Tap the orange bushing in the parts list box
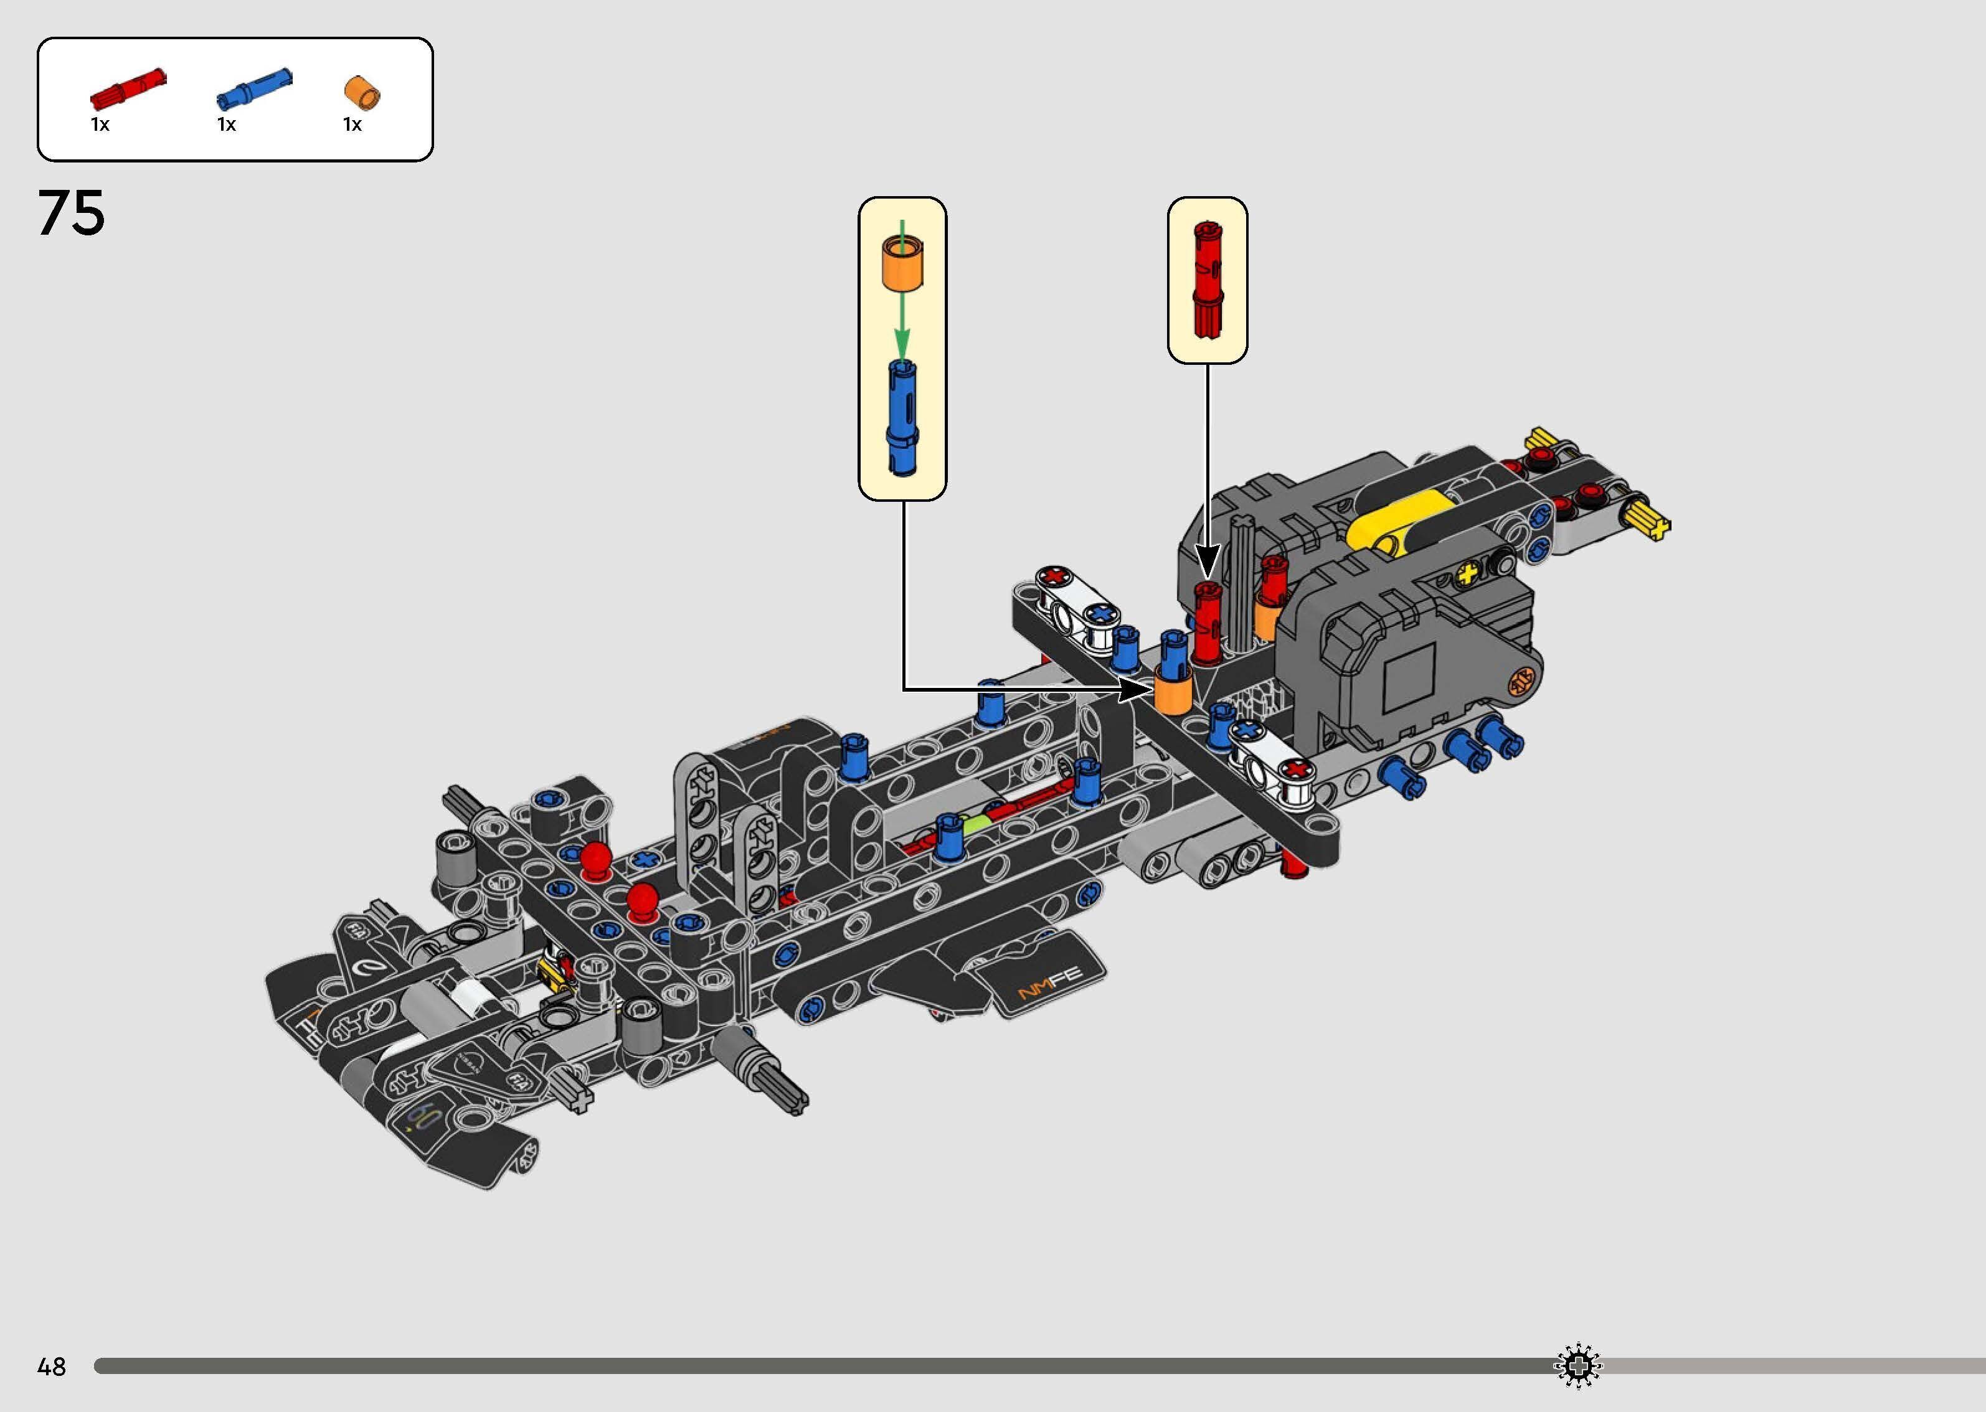tap(364, 93)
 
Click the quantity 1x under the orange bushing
tap(352, 125)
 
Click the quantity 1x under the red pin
tap(100, 125)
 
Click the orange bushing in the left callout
tap(902, 263)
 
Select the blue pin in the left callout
tap(902, 417)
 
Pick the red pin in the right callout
tap(1207, 278)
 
